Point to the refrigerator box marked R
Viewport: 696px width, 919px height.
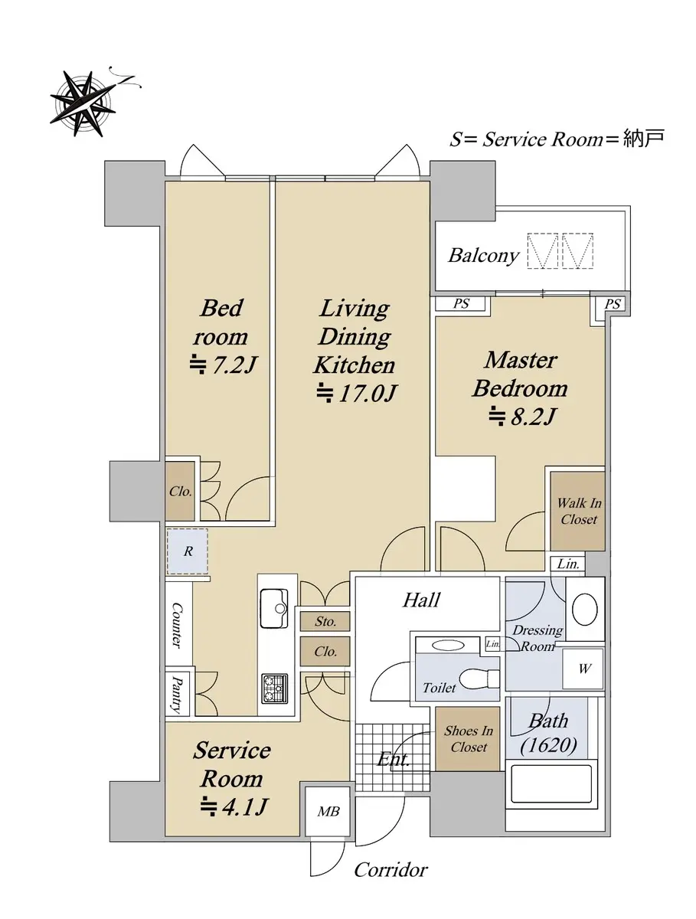(x=188, y=551)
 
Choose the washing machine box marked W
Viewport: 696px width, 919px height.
(x=583, y=669)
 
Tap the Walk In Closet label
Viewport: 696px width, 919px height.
(x=578, y=512)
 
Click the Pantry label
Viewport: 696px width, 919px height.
(x=178, y=694)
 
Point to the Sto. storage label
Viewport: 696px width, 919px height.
(x=325, y=621)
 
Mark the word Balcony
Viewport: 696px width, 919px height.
(x=483, y=256)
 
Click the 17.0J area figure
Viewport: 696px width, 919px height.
(x=356, y=393)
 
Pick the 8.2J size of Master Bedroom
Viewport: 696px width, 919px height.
(x=522, y=417)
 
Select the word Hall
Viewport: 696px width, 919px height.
(x=421, y=600)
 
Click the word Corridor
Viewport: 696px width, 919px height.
(x=390, y=870)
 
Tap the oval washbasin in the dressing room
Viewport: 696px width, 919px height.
(x=584, y=610)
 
